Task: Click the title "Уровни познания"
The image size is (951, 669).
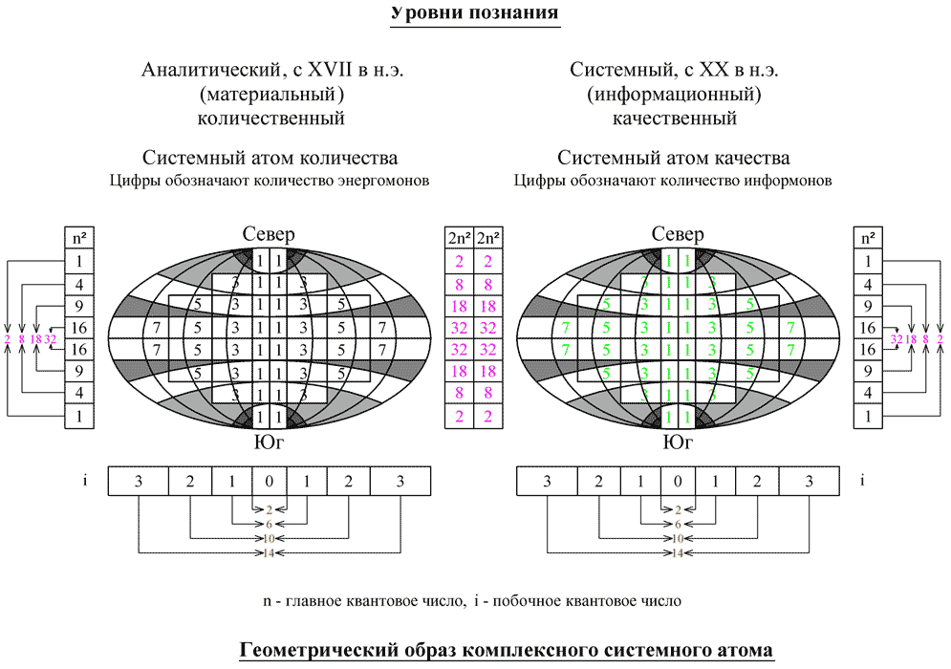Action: tap(474, 15)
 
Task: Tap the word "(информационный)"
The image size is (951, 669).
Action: tap(674, 95)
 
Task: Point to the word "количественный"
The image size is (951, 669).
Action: tap(270, 119)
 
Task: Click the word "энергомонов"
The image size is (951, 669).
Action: tap(382, 180)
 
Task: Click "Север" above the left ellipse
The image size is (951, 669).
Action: tap(270, 235)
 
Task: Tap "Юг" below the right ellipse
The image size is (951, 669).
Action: tap(677, 442)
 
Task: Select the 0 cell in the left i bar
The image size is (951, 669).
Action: tap(270, 481)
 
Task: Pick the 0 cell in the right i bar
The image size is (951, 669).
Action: tap(677, 481)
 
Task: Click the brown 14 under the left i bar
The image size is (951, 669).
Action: tap(270, 552)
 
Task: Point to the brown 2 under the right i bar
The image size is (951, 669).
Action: tap(677, 510)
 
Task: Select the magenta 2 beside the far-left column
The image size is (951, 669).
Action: tap(8, 339)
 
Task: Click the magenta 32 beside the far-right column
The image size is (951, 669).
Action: tap(897, 339)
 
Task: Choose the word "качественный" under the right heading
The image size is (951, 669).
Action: tap(674, 119)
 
